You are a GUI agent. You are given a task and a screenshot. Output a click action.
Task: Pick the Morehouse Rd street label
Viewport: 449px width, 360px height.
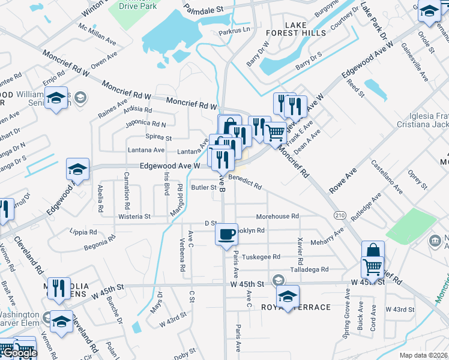point(277,216)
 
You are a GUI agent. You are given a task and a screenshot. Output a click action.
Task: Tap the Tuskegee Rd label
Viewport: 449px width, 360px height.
point(261,257)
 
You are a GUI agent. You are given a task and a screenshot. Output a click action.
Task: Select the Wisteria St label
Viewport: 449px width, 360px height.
point(134,216)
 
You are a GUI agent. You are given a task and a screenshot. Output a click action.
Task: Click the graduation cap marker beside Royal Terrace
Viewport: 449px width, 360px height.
point(288,296)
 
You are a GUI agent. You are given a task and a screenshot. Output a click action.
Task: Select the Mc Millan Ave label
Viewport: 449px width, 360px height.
point(97,35)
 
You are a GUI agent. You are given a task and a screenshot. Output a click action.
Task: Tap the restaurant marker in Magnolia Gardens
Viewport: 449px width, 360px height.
point(59,288)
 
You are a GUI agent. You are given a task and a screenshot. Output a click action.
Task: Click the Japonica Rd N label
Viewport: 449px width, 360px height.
point(145,124)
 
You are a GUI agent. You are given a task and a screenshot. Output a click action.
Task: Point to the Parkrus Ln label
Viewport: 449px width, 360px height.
point(234,32)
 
